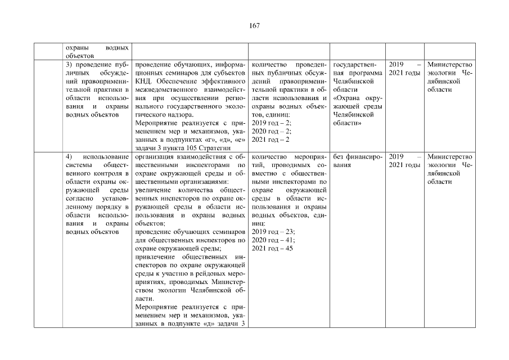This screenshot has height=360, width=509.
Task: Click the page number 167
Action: pyautogui.click(x=254, y=25)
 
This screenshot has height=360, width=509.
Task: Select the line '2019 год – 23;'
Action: pyautogui.click(x=273, y=232)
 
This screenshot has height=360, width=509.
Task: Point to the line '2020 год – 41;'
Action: pyautogui.click(x=273, y=240)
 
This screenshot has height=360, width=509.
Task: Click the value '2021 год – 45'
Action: pyautogui.click(x=272, y=249)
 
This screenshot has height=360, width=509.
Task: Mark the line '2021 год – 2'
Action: pyautogui.click(x=270, y=139)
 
